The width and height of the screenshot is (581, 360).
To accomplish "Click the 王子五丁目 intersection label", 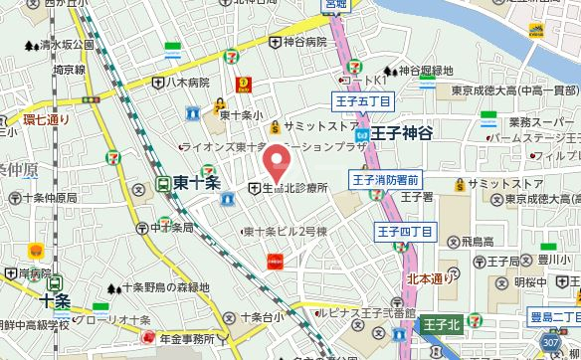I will click(x=362, y=100).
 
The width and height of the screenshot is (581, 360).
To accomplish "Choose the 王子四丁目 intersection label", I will click(x=406, y=232).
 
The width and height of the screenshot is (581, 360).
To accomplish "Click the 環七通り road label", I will click(x=46, y=121).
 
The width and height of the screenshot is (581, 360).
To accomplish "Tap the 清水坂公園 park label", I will click(x=65, y=46).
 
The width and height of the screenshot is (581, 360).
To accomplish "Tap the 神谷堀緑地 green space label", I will click(x=425, y=71).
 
